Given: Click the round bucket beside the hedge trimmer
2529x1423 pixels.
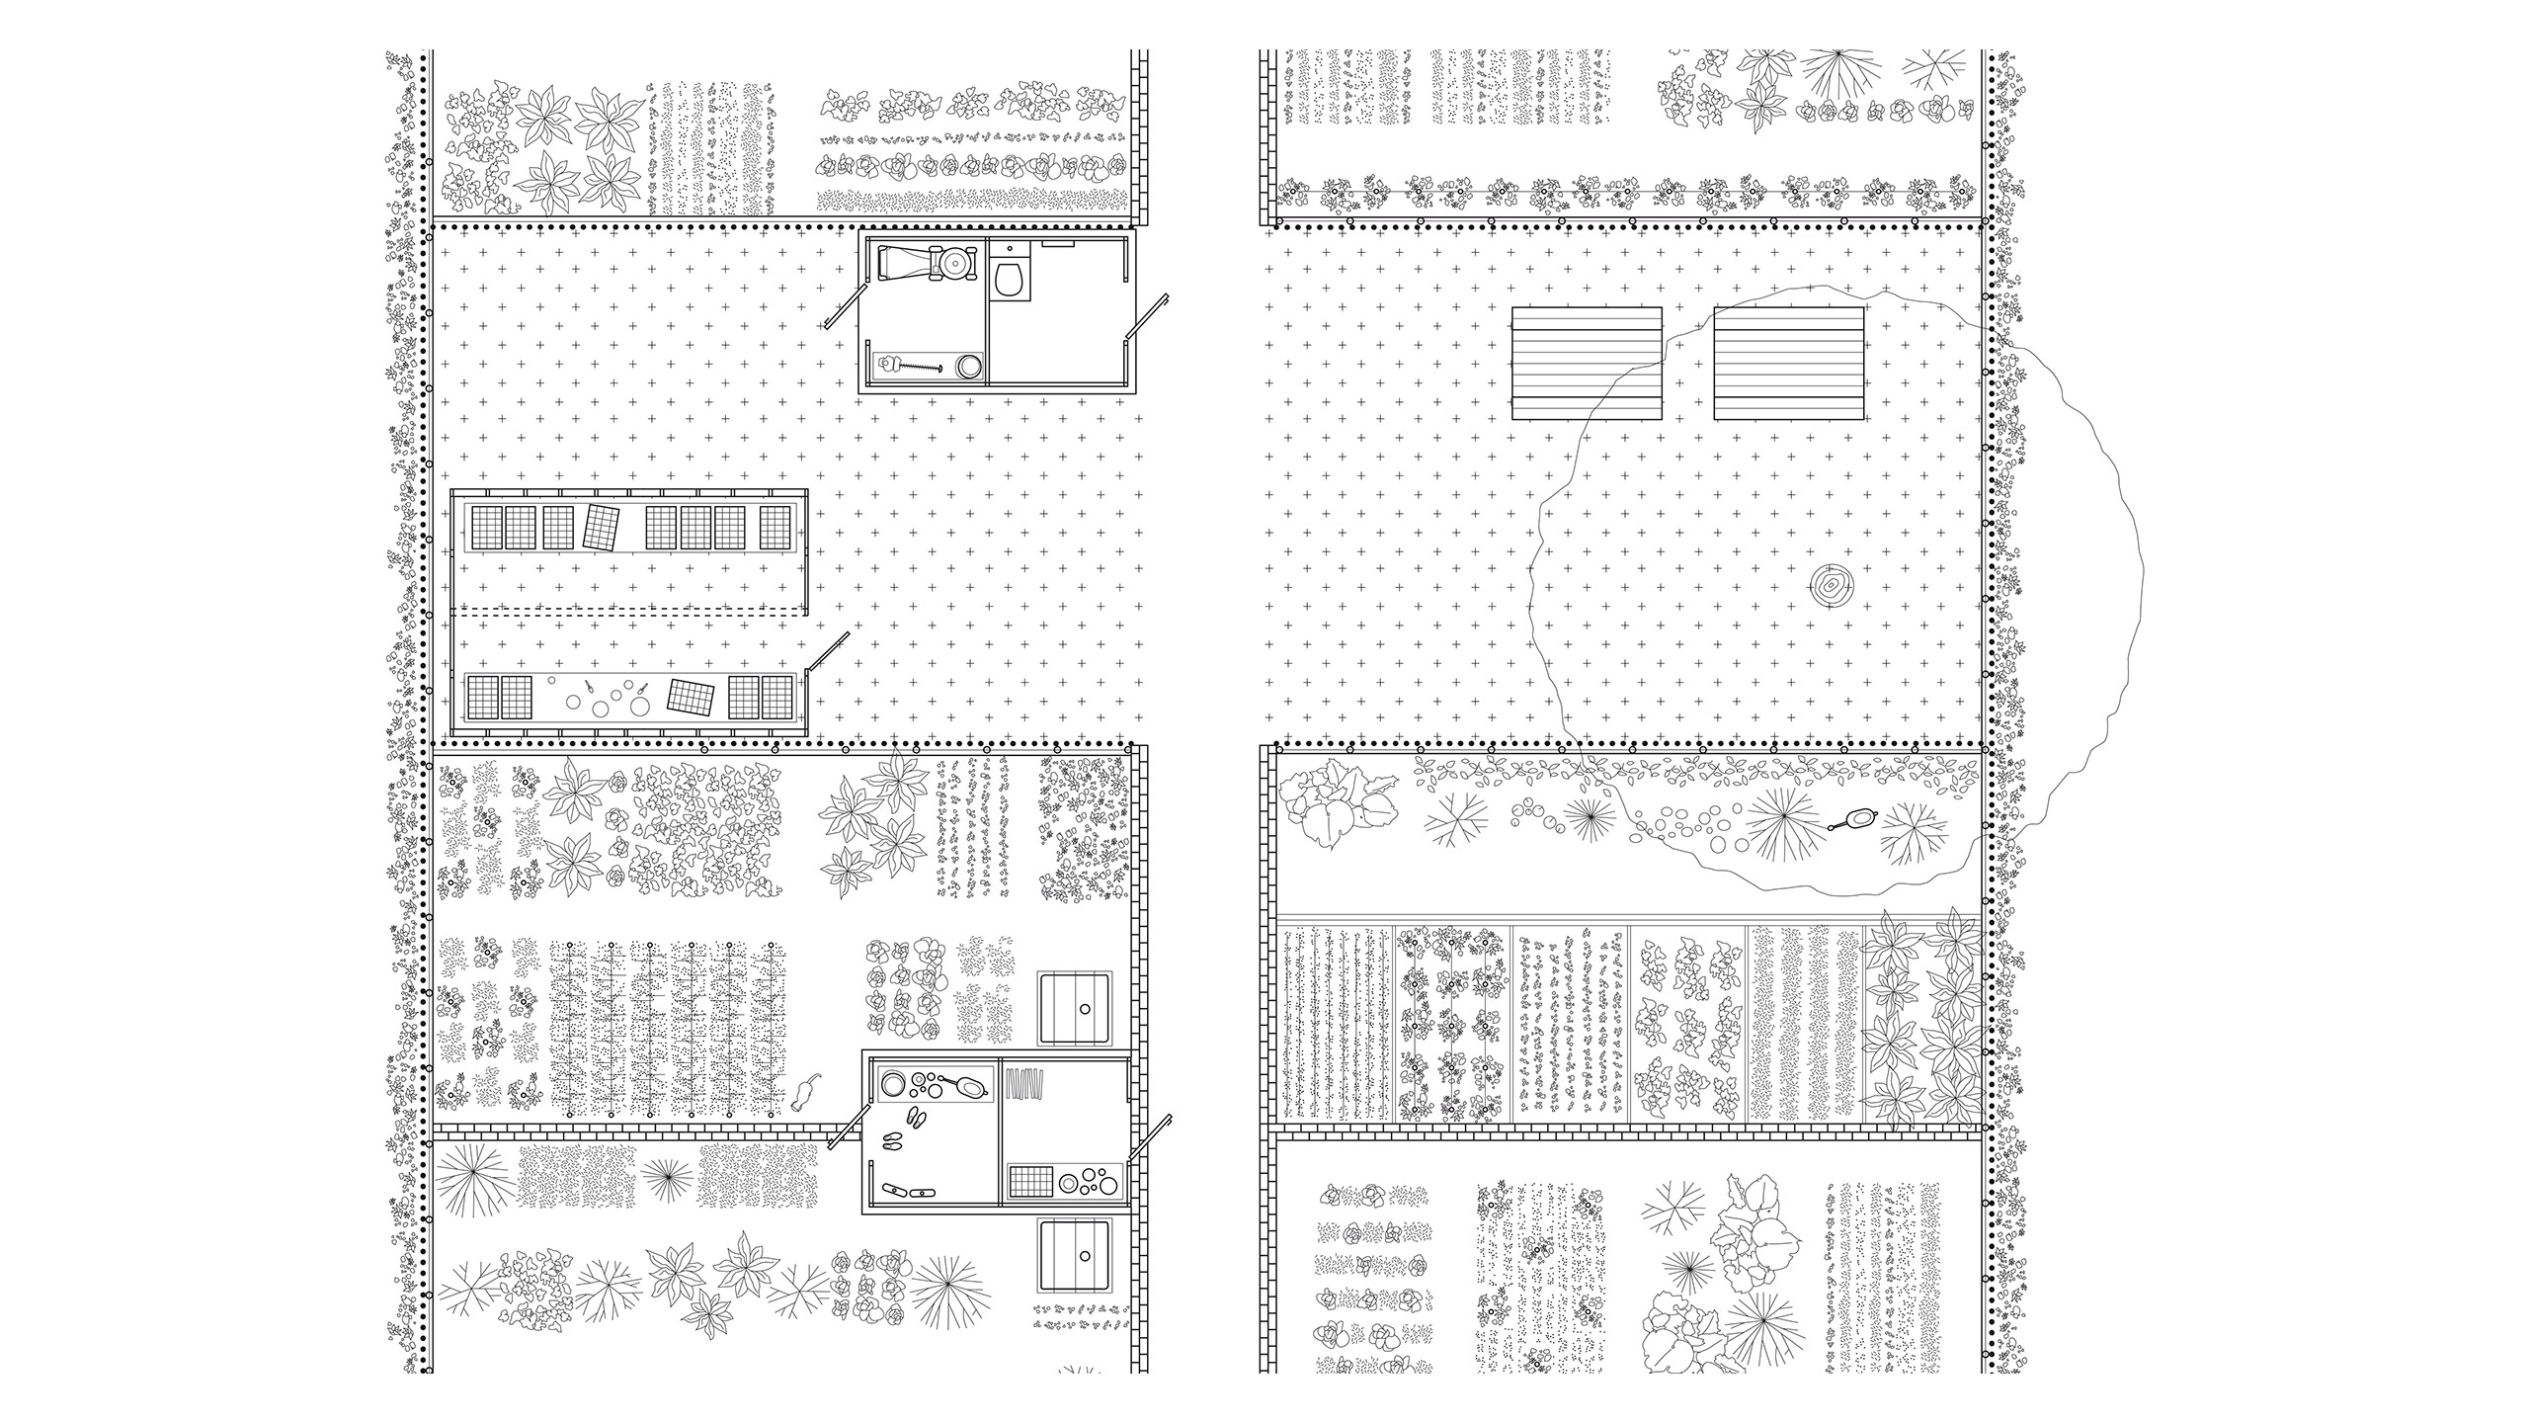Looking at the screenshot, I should [968, 366].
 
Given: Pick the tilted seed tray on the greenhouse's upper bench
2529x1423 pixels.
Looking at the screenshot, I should [602, 528].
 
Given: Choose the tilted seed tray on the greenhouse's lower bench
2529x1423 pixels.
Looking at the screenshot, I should [691, 697].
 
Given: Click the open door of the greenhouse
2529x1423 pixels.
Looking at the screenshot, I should [828, 653].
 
